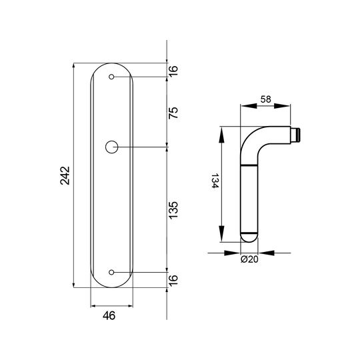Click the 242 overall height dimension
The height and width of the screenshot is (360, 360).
coord(65,175)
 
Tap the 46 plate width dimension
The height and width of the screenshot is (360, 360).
coord(109,316)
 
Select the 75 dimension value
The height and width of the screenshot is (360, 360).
coord(173,113)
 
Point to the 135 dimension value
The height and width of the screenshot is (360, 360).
coord(173,210)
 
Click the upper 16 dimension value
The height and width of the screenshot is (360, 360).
coord(173,71)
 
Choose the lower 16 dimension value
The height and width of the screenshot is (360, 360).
coord(173,280)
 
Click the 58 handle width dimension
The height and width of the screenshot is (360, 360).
coord(265,99)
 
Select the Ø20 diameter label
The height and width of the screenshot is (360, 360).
coord(249,259)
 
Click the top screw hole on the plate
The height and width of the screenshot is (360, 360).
coord(111,77)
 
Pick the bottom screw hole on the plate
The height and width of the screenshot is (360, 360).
coord(111,272)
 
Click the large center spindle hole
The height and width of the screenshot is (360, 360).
coord(111,147)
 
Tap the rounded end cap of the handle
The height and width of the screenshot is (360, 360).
coord(249,237)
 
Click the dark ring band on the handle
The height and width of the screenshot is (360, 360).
coord(249,165)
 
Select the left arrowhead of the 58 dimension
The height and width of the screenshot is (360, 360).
coord(249,106)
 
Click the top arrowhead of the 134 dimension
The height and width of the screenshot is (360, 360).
coord(221,135)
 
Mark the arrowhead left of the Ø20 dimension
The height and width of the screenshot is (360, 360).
coord(232,253)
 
